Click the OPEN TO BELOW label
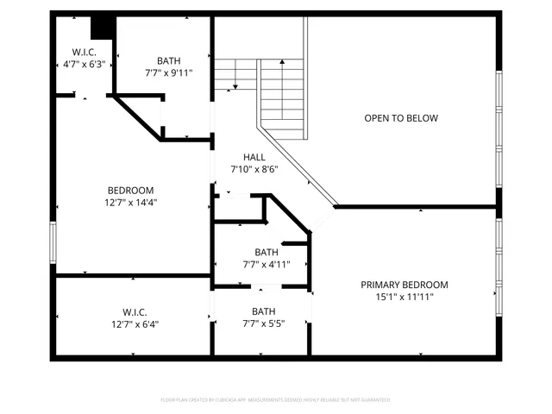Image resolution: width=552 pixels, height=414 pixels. click(x=401, y=118)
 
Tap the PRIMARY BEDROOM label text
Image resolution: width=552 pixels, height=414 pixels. click(x=405, y=285)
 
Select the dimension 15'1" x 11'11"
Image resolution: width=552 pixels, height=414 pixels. click(x=405, y=297)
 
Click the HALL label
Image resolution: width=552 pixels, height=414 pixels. click(x=254, y=157)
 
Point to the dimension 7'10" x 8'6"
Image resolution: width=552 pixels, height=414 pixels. click(x=254, y=169)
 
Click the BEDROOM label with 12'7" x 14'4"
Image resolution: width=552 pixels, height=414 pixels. click(x=130, y=191)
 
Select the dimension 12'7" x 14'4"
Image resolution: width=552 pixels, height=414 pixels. click(x=130, y=203)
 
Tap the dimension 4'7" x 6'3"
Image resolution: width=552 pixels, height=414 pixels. click(x=84, y=64)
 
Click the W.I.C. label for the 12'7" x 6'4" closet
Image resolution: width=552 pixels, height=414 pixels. click(x=135, y=311)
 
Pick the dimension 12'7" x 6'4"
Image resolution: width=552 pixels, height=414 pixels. click(x=135, y=324)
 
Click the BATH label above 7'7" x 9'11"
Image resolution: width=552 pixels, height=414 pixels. click(x=169, y=60)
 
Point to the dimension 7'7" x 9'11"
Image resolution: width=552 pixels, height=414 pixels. click(x=169, y=72)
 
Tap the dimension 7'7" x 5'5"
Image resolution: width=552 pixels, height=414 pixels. click(x=261, y=324)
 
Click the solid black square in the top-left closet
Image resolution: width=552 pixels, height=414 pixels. click(x=103, y=28)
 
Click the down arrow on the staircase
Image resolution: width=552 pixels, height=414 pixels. click(x=235, y=84)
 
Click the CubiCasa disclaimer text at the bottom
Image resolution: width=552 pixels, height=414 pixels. click(x=275, y=399)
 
